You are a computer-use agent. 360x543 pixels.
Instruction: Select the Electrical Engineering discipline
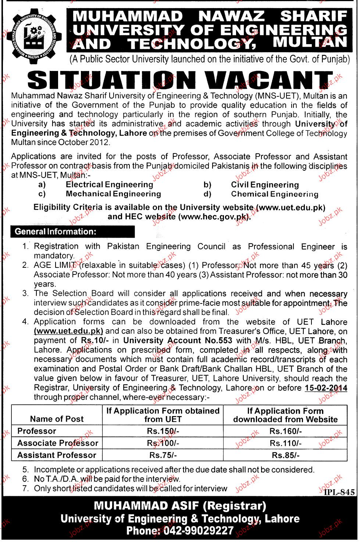tap(109, 185)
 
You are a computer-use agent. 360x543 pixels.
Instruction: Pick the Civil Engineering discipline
tap(265, 185)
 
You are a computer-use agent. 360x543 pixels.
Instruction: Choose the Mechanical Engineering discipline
tap(113, 194)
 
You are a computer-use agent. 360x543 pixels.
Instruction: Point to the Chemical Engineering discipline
tap(274, 194)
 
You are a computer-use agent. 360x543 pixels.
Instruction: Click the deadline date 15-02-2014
tap(326, 388)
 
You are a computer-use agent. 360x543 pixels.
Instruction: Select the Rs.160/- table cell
tap(285, 431)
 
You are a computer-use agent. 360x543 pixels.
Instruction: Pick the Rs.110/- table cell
tap(285, 443)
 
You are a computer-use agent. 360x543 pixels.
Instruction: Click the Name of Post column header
tap(57, 419)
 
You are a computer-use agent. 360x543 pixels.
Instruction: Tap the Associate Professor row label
tap(58, 443)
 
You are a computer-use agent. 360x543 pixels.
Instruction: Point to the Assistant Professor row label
tap(57, 455)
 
